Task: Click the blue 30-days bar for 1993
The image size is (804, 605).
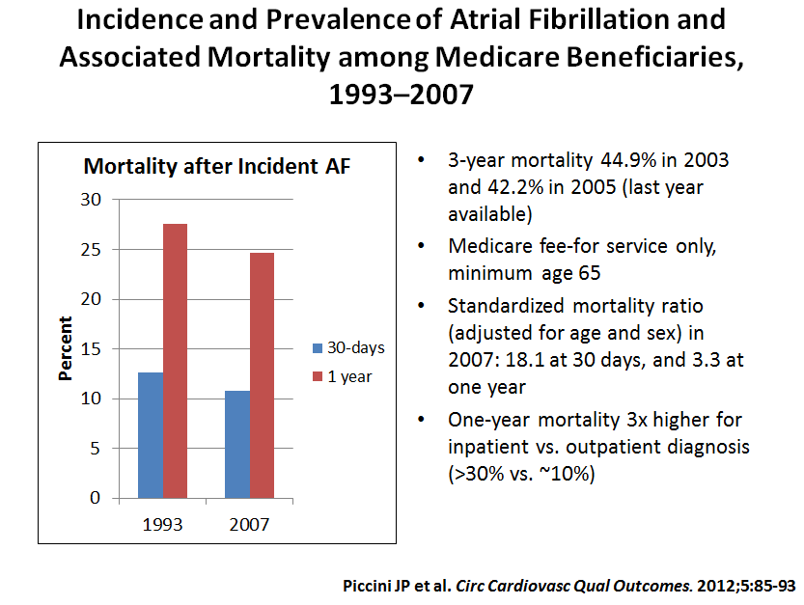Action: click(x=151, y=435)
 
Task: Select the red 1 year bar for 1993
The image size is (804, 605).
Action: click(x=176, y=361)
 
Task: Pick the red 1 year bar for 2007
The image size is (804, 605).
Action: click(x=263, y=375)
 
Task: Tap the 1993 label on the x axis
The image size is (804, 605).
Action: click(x=163, y=525)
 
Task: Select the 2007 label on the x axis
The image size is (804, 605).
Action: click(x=250, y=525)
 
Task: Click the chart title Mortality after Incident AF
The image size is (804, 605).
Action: click(x=217, y=166)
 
